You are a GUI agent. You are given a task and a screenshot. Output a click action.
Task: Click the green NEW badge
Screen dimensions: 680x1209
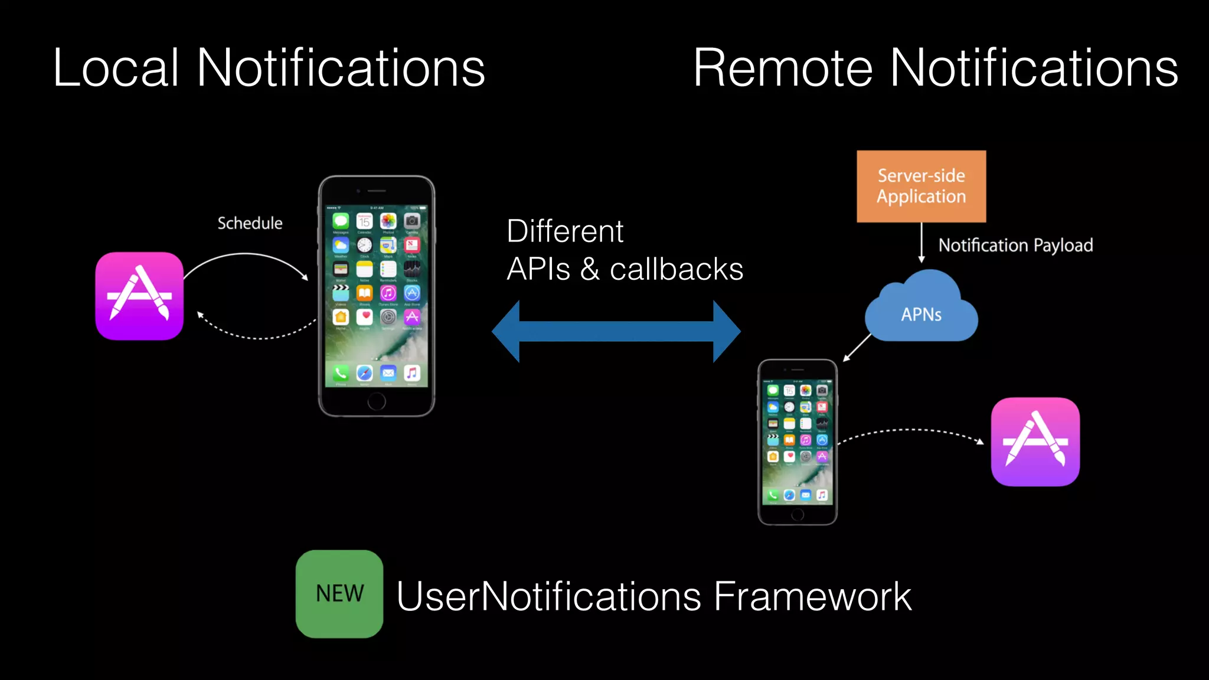click(339, 594)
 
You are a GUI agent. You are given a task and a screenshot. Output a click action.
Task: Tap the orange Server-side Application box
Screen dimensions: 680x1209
click(921, 186)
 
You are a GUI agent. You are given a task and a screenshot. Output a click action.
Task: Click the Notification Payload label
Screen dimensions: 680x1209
click(1015, 245)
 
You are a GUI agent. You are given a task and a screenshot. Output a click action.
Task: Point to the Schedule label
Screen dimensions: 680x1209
click(250, 223)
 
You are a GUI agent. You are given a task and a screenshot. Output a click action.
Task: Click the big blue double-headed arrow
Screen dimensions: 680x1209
click(616, 331)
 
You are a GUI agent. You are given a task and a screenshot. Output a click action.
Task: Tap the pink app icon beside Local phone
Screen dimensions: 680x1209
click(139, 296)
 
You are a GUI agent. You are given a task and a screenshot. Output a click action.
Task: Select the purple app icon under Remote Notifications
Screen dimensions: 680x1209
click(1035, 442)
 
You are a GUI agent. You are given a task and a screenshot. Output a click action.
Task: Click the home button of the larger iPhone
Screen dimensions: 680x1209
click(377, 402)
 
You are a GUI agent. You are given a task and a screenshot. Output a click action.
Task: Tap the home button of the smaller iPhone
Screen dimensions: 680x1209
click(798, 515)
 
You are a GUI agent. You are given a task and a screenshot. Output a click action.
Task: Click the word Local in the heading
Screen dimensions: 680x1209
click(116, 68)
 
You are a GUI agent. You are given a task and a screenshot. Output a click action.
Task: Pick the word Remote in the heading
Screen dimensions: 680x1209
click(782, 68)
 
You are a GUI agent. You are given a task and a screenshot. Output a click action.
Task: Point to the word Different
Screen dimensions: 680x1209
click(565, 231)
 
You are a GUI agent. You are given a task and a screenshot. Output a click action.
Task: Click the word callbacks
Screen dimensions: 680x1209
click(677, 270)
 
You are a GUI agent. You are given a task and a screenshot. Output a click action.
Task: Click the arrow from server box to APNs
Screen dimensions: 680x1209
click(922, 243)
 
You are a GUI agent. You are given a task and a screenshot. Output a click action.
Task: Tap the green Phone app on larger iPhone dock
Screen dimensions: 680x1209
click(341, 372)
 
